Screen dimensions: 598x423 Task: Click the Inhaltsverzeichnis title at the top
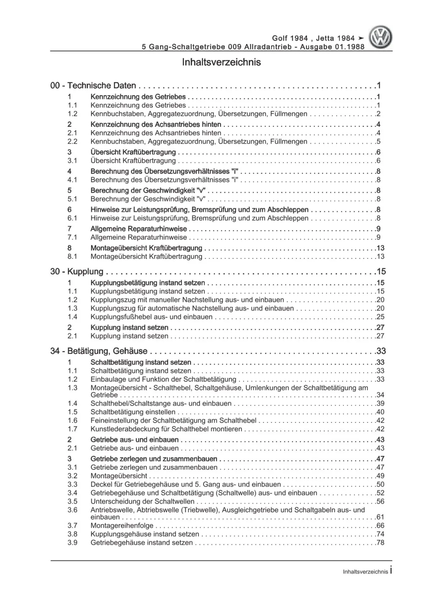coord(221,62)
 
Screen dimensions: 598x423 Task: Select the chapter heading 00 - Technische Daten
coord(93,85)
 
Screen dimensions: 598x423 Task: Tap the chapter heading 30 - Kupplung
coord(77,272)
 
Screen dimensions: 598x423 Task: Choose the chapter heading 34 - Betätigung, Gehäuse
coord(99,351)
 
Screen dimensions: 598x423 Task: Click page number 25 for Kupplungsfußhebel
coord(380,317)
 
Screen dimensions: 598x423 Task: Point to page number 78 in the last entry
coord(380,543)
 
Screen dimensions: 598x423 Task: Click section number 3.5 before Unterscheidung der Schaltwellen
coord(72,501)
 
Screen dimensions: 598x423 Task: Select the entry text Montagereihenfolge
coord(122,526)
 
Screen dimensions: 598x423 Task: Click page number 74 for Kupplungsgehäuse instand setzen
coord(380,534)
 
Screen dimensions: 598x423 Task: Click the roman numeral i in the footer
coord(391,571)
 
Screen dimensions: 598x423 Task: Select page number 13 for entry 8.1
coord(380,257)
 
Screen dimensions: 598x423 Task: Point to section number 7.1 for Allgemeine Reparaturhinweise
coord(72,237)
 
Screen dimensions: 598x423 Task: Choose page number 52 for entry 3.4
coord(380,493)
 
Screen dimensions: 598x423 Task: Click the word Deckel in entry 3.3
coord(101,484)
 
